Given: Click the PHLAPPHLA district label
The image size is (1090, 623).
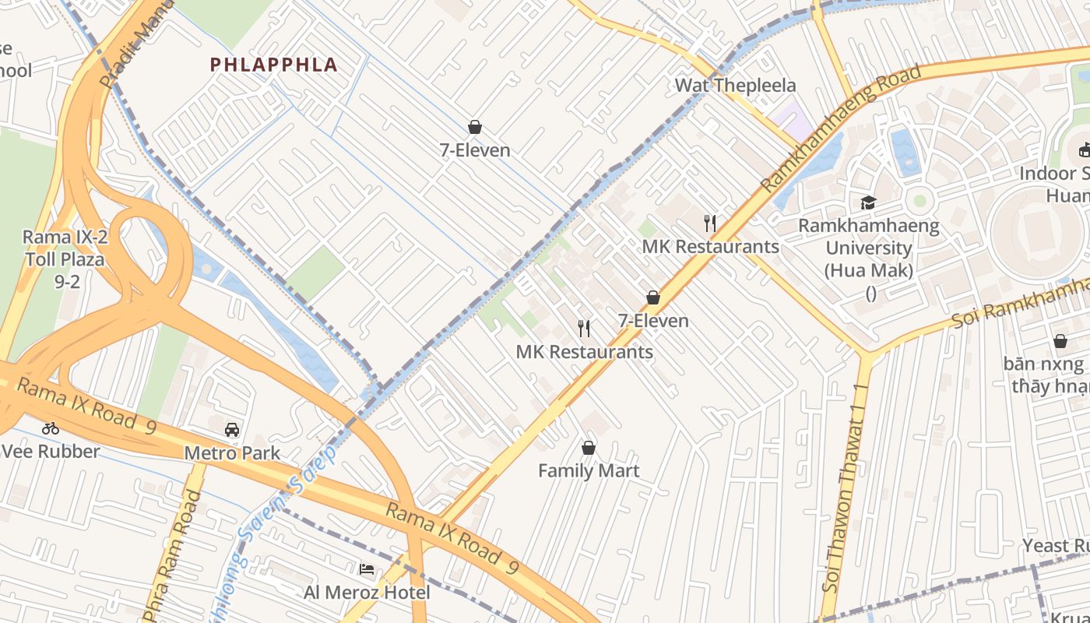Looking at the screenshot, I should (x=273, y=65).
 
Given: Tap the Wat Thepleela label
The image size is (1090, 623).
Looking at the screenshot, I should (x=735, y=85).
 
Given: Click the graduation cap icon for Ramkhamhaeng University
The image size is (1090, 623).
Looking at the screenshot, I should (x=868, y=202).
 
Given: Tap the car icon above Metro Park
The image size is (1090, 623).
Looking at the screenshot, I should (x=232, y=430).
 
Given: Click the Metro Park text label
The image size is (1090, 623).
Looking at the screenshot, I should (x=232, y=452).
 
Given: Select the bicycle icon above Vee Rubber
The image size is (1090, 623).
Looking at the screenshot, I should (x=51, y=428).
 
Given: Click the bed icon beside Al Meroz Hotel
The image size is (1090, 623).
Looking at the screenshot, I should (x=367, y=569).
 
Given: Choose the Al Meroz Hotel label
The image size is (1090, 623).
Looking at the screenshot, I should (x=367, y=593).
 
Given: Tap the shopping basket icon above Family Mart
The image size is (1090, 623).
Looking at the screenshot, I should (x=589, y=448).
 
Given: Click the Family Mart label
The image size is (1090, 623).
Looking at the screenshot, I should (x=589, y=470).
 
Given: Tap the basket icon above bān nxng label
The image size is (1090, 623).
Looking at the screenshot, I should (x=1060, y=341).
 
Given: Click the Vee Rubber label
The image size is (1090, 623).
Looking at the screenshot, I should (x=51, y=451).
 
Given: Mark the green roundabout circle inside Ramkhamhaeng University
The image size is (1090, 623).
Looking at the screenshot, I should (x=919, y=201).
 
